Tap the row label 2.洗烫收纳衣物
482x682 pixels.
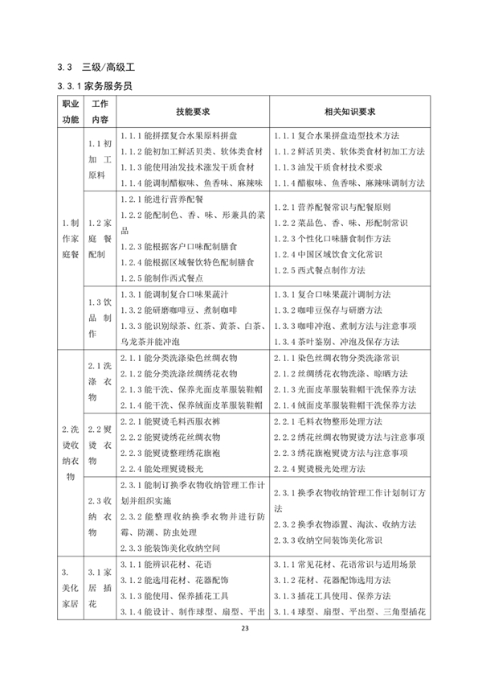click(x=71, y=450)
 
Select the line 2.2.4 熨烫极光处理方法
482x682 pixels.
click(x=329, y=467)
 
